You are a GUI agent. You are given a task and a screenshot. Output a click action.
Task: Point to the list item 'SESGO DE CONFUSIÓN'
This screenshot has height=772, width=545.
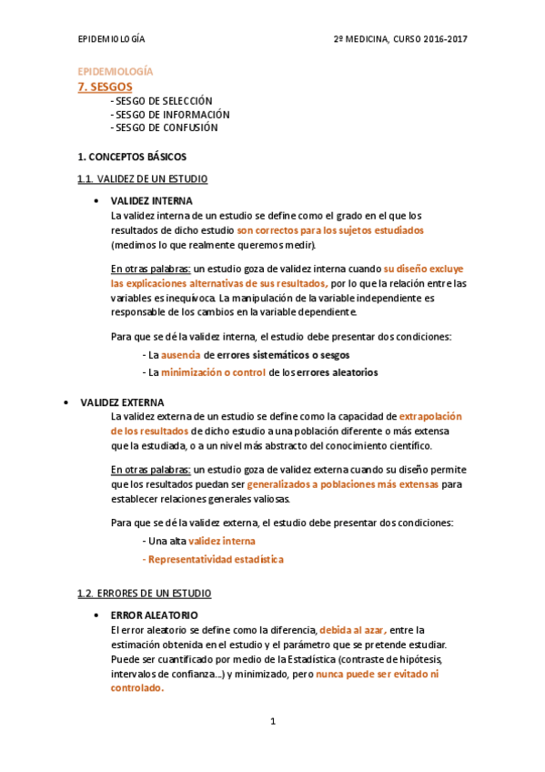pyautogui.click(x=167, y=128)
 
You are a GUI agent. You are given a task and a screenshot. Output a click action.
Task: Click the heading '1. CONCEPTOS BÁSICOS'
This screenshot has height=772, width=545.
pyautogui.click(x=132, y=157)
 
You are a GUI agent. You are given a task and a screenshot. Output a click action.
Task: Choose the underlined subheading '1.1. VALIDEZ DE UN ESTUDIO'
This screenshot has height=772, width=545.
pyautogui.click(x=143, y=178)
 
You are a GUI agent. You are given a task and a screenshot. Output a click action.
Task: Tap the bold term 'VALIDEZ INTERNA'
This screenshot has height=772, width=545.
pyautogui.click(x=151, y=200)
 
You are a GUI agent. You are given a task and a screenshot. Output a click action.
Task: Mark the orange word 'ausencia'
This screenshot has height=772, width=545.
pyautogui.click(x=181, y=355)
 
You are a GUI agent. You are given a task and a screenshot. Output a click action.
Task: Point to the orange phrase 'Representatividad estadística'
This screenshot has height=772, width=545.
pyautogui.click(x=216, y=559)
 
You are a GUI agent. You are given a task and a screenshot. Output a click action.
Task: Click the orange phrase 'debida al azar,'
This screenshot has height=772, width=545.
pyautogui.click(x=353, y=629)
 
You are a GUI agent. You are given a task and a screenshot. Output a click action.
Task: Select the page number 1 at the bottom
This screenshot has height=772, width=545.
pyautogui.click(x=272, y=722)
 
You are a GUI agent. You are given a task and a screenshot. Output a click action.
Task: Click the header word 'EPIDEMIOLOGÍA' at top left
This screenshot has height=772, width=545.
pyautogui.click(x=111, y=40)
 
